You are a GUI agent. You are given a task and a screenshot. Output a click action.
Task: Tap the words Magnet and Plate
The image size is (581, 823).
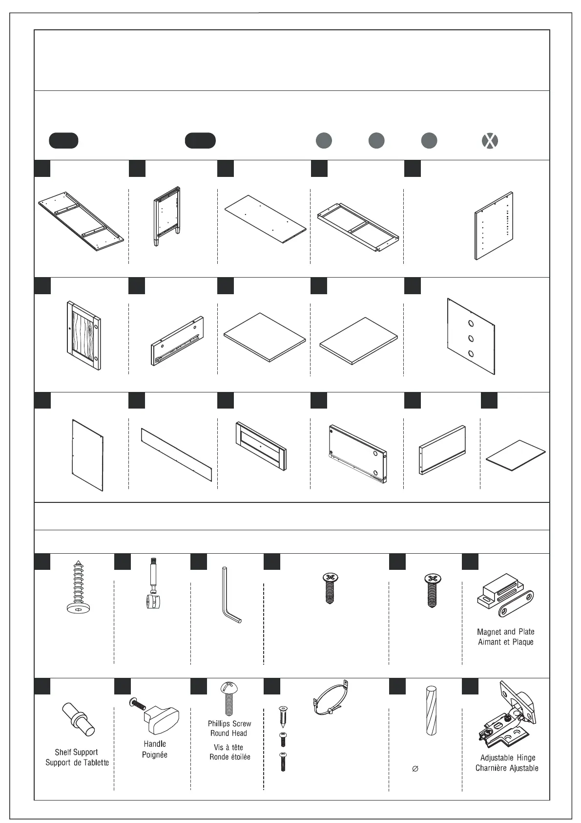coord(505,631)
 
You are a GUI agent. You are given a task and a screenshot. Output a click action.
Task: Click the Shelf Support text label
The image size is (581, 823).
coord(76,752)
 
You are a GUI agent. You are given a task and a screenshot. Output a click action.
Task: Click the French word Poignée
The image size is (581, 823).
coord(155,755)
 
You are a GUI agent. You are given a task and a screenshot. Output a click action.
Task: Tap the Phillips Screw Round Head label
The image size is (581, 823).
coord(229,728)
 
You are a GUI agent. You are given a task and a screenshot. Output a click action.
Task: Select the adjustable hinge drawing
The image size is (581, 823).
coord(506,718)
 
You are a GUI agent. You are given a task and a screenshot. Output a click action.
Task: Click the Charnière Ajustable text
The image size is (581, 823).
coord(507,768)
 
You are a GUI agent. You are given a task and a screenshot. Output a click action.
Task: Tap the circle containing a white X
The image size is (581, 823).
coord(490,141)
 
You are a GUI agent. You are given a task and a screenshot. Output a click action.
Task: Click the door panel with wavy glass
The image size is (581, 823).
coord(83,334)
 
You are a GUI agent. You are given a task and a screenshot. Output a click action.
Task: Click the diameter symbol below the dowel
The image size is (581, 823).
coord(415,769)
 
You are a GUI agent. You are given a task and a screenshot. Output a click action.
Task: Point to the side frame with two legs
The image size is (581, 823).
coord(166,216)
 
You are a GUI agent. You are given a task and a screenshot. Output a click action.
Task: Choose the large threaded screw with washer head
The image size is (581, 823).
coord(79,587)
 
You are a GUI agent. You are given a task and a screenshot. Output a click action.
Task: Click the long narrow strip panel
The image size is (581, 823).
coord(176,455)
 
